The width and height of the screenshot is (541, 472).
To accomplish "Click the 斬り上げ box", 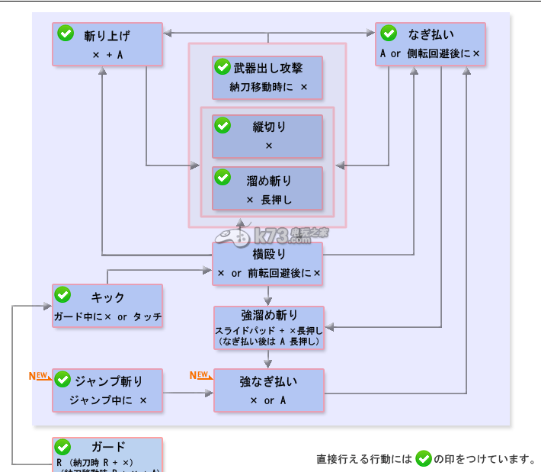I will [107, 44].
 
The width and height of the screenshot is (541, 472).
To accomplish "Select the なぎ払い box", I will [431, 44].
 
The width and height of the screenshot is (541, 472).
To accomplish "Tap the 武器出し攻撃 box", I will [267, 77].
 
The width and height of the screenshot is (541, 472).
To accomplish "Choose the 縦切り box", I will [267, 136].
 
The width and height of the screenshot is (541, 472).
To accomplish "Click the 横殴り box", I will [267, 264].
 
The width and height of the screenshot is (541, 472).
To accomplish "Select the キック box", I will [107, 307].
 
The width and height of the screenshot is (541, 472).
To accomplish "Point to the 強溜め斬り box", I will [269, 329].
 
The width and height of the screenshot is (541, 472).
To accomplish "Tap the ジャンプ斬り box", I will [107, 390].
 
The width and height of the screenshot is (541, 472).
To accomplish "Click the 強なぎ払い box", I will [269, 390].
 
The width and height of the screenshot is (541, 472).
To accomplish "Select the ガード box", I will [107, 454].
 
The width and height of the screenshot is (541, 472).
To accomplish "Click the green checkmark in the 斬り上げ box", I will [66, 34].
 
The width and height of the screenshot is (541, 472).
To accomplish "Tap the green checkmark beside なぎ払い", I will [389, 34].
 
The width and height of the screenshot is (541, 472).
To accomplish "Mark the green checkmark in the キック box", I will [63, 296].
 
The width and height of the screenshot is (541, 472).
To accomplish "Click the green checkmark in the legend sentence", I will [424, 458].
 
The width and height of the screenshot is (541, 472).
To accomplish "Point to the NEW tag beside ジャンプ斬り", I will [38, 376].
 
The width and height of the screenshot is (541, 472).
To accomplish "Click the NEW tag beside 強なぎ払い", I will [199, 375].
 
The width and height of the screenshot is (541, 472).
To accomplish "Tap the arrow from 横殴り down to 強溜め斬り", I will [268, 296].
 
